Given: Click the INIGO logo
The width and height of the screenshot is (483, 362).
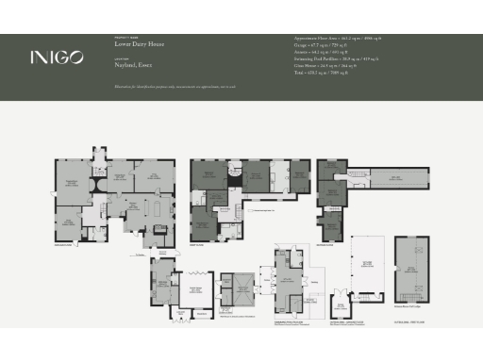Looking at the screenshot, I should (x=56, y=57).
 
